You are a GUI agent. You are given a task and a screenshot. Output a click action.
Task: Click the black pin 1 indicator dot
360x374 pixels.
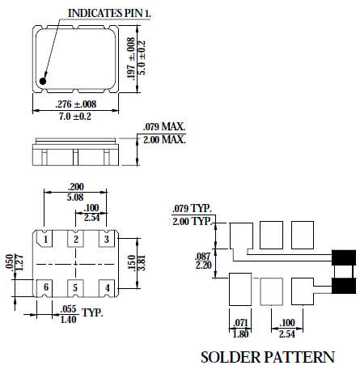click(44, 79)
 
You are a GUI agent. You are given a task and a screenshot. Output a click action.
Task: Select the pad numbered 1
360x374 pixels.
click(48, 240)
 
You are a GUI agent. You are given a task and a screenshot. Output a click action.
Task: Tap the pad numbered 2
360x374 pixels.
click(76, 240)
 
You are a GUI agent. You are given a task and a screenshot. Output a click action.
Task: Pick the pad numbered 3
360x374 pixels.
click(104, 240)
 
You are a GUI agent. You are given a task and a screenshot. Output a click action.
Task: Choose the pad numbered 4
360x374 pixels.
click(104, 287)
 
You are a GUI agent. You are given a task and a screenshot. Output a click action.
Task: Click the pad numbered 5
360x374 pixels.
click(76, 287)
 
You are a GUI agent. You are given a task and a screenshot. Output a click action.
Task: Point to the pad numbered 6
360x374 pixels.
click(48, 287)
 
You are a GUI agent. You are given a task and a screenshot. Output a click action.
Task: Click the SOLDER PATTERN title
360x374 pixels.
click(267, 357)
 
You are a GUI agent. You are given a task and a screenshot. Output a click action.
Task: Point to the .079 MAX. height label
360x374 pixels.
click(164, 127)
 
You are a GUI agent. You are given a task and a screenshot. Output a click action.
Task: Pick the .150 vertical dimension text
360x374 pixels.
click(129, 264)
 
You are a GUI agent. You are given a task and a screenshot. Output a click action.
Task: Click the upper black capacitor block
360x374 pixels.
click(344, 259)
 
